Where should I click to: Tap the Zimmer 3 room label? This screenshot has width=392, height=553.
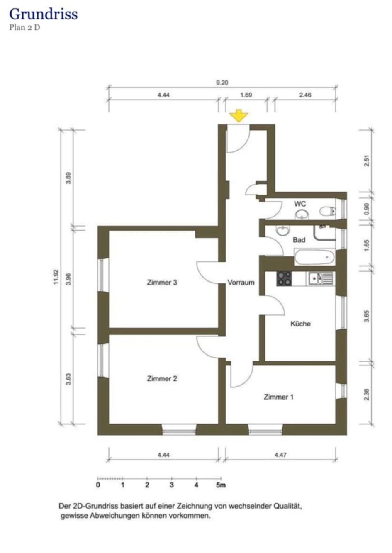coord(162,283)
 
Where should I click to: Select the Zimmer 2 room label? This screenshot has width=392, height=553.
coord(162,378)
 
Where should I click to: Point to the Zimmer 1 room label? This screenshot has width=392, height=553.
coord(279,397)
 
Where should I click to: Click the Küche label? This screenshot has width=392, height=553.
coord(300,324)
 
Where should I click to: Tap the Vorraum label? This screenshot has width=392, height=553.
coord(241,283)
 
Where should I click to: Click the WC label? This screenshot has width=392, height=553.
coord(300,204)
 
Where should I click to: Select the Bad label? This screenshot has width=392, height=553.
coord(299,240)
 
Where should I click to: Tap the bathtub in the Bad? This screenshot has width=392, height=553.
coord(314,257)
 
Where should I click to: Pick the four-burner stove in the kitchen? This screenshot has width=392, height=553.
coord(284,278)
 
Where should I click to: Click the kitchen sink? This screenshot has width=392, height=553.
coord(320,278)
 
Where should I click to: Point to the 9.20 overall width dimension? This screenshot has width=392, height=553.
coord(222,83)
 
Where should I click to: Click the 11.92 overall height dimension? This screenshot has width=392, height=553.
coord(56,277)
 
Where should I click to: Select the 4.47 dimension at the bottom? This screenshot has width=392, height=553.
coord(280,455)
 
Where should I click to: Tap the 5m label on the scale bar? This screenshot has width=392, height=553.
coord(221,485)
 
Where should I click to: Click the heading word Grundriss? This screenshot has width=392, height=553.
coord(43,14)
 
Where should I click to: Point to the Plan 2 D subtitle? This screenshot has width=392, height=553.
coord(24,28)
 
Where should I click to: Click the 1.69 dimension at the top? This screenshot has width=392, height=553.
coord(246,95)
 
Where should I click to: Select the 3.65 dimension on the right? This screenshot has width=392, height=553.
coord(367,317)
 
